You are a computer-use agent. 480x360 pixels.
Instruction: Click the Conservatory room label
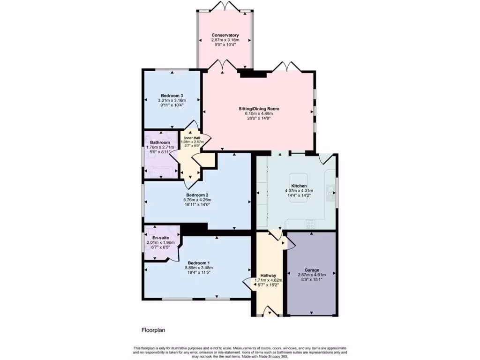click(225, 35)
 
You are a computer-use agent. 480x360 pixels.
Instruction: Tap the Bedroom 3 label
click(172, 96)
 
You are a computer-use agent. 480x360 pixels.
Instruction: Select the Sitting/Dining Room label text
click(259, 109)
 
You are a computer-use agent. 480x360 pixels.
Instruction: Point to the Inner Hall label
click(192, 138)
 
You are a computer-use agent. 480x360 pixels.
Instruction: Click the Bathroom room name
click(160, 142)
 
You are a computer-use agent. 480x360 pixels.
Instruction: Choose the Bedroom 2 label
click(197, 195)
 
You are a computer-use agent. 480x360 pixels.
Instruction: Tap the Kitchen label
click(299, 186)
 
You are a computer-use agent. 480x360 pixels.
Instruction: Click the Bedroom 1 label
click(199, 262)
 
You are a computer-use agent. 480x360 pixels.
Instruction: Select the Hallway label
click(268, 276)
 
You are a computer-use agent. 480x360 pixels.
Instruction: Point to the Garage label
click(312, 270)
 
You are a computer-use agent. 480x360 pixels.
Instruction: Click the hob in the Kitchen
click(310, 224)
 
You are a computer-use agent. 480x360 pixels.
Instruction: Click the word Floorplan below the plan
click(153, 330)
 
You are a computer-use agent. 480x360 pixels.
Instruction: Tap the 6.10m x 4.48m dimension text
click(259, 113)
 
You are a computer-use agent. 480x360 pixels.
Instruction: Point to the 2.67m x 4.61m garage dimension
click(312, 275)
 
